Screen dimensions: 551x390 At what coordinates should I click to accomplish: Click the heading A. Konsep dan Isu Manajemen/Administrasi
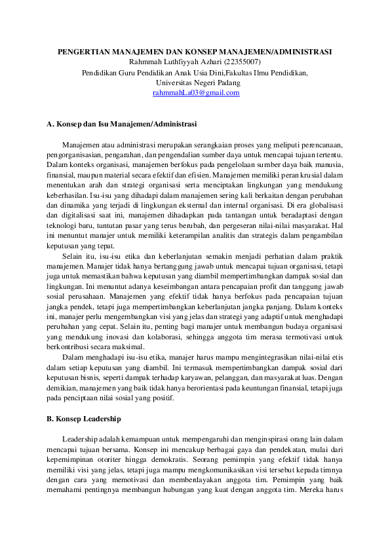(122, 123)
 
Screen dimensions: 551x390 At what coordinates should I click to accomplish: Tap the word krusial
(320, 176)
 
